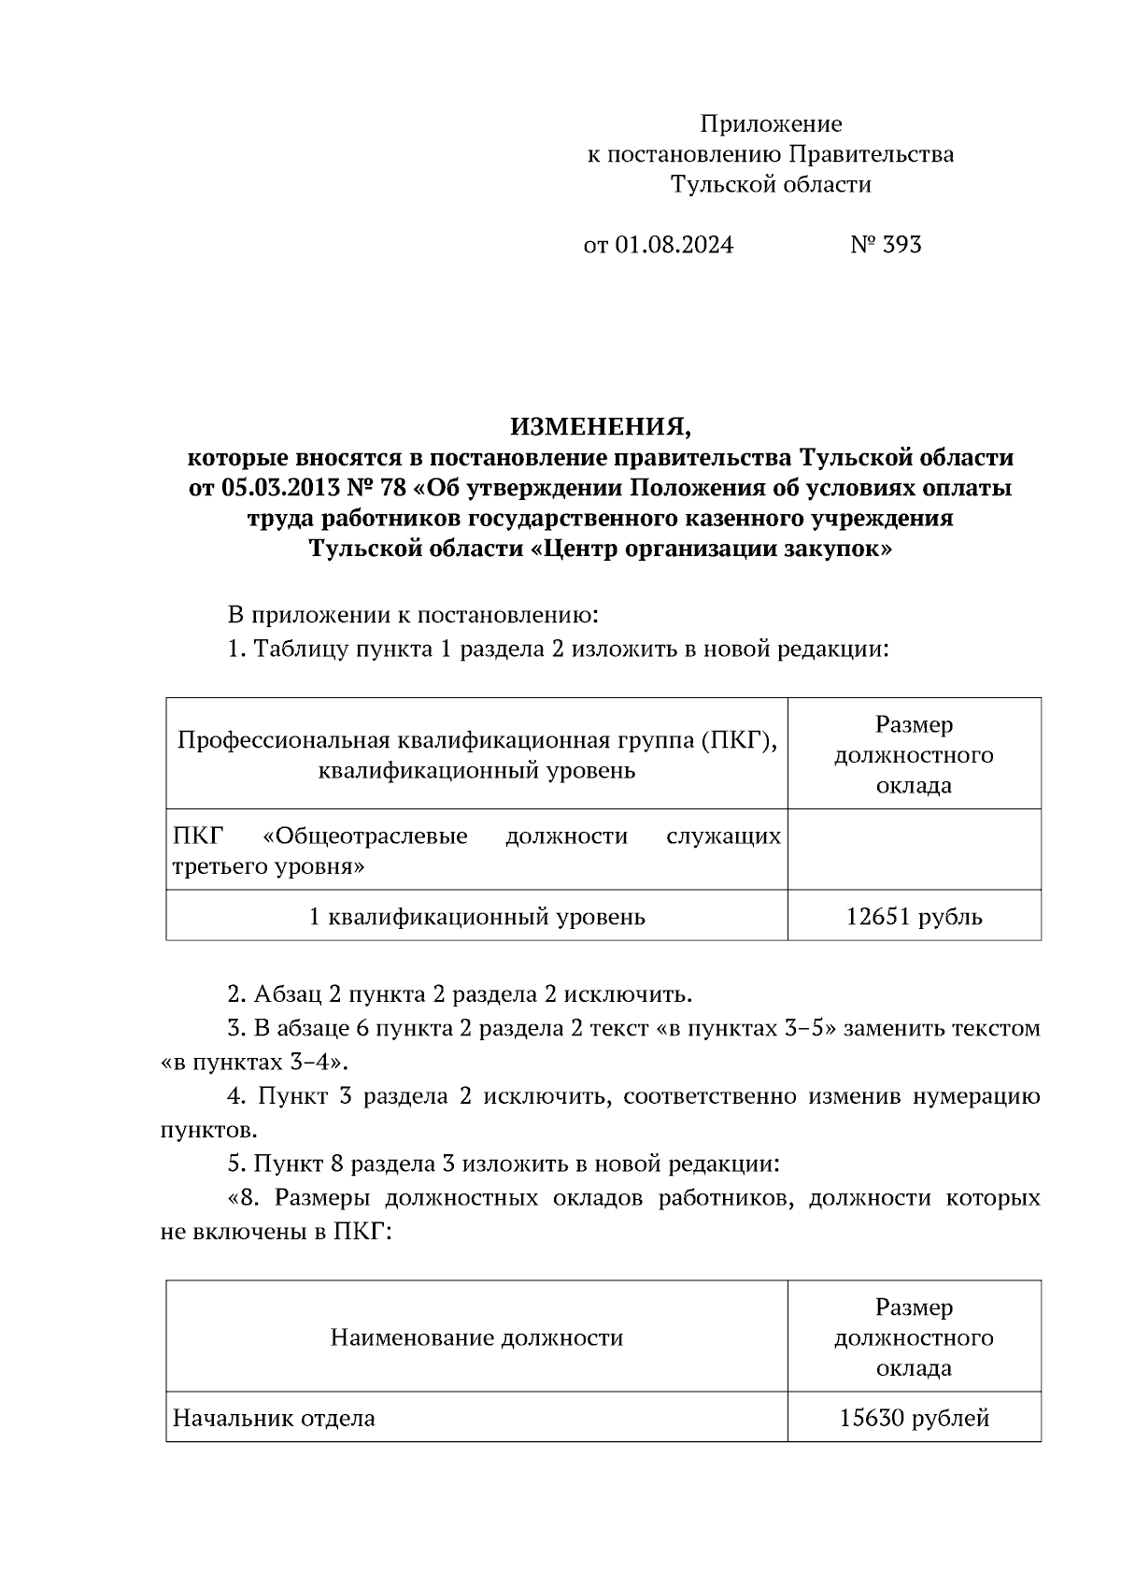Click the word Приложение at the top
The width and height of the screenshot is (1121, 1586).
(x=771, y=124)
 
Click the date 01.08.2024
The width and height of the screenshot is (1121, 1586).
(x=674, y=245)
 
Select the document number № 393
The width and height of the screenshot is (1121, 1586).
(x=886, y=245)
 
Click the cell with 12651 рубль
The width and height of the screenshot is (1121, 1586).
(x=914, y=917)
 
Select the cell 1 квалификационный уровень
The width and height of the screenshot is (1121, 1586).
(x=476, y=917)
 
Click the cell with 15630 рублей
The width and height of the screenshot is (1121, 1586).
(x=914, y=1419)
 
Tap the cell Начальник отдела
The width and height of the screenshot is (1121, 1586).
(x=275, y=1419)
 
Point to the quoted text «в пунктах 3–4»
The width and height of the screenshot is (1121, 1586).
(x=251, y=1063)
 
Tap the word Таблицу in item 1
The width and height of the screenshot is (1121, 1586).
(x=301, y=649)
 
